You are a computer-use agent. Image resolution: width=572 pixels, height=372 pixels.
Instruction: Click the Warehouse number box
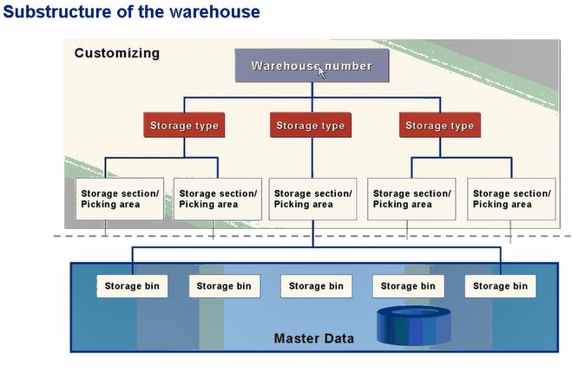[311, 66]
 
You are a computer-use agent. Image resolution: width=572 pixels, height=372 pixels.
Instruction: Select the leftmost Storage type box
[184, 126]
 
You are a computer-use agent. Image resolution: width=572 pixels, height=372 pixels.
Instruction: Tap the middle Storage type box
[310, 126]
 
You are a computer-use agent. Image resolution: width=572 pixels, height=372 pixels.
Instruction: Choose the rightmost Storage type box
[439, 126]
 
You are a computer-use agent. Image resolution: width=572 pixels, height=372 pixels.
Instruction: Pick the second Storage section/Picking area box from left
[217, 199]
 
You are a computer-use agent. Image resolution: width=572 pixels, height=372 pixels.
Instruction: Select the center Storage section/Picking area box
[312, 199]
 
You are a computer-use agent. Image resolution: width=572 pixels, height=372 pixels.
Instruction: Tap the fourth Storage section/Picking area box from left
[411, 199]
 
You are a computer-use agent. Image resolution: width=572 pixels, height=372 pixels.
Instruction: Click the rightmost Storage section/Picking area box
[510, 199]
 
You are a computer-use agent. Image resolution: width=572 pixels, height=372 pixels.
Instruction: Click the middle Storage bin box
[315, 285]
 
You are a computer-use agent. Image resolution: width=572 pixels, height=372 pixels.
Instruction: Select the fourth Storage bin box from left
[408, 285]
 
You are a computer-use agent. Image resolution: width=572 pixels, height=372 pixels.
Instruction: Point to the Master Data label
[313, 337]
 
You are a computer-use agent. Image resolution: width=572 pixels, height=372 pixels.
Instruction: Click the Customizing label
[116, 53]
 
